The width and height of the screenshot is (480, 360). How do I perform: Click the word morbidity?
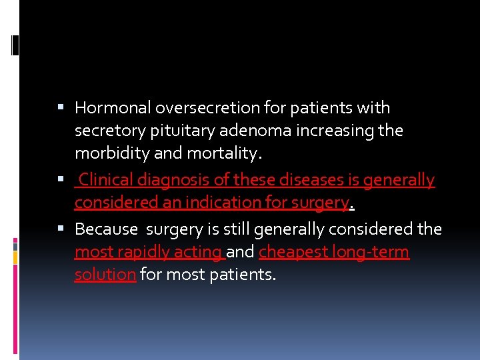tap(108, 153)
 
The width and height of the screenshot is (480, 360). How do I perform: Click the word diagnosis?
tap(169, 180)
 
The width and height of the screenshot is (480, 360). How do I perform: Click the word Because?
tap(106, 229)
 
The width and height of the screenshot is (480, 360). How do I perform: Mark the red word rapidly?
tap(143, 252)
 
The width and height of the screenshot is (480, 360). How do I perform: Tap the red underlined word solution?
tap(105, 275)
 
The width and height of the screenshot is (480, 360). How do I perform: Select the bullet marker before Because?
tap(62, 229)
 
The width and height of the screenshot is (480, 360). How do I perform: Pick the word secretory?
tap(107, 131)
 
